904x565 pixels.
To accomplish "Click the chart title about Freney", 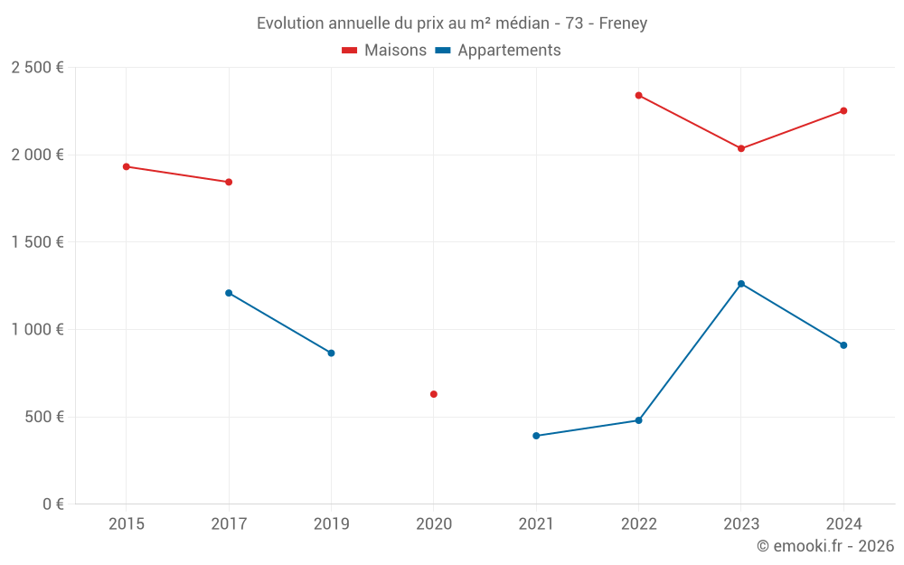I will click(452, 24).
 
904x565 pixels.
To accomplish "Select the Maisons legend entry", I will click(384, 51).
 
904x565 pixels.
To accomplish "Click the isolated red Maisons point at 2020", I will click(434, 394).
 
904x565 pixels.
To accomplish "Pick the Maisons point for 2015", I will click(127, 166).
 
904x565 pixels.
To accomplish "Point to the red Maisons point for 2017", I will click(229, 182).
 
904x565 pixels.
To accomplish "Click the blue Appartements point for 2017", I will click(229, 293).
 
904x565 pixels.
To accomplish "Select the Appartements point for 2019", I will click(331, 353).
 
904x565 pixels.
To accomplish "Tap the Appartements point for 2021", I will click(536, 436).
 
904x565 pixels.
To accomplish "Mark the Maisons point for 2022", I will click(638, 95).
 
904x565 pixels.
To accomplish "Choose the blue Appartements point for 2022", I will click(638, 420).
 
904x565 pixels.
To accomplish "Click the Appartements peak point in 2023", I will click(741, 284).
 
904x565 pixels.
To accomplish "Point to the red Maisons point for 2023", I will click(741, 148).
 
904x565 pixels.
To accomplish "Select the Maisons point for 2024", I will click(843, 110).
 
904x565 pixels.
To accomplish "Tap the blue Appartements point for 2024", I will click(843, 345).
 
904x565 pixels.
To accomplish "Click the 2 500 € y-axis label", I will click(37, 68).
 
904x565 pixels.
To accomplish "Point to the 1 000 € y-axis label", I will click(37, 330).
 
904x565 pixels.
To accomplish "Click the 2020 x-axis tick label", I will click(434, 524).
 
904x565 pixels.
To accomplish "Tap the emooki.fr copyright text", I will click(825, 546).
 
